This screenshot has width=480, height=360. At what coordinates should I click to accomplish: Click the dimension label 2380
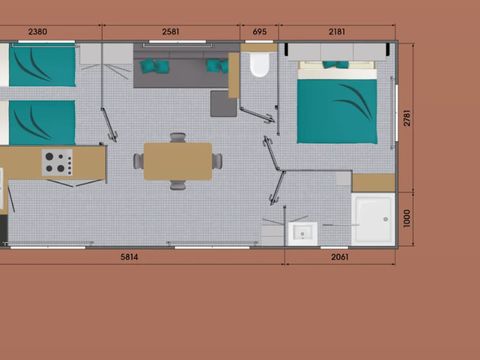tap(38, 32)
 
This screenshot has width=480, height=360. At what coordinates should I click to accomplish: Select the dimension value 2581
tap(171, 32)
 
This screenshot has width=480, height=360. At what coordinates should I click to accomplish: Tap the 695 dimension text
tap(260, 32)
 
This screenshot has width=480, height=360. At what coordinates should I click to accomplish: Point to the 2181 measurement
tap(337, 32)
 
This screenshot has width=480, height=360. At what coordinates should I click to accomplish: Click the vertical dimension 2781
tap(407, 118)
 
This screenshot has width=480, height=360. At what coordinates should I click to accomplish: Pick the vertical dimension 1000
tap(407, 218)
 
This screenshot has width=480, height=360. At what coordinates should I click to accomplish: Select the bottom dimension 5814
tap(129, 257)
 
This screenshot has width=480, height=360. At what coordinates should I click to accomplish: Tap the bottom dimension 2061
tap(340, 257)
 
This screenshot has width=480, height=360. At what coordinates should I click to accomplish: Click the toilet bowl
tap(259, 64)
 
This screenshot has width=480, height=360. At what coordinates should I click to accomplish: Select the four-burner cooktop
tap(57, 162)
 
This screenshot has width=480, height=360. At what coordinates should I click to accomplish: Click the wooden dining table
tap(178, 162)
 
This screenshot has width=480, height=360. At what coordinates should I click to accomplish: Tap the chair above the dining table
tap(178, 137)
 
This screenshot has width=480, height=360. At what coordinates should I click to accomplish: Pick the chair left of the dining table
tap(139, 161)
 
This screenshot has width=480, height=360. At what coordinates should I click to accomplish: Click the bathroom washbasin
tap(303, 234)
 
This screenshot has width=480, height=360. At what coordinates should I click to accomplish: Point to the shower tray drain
tap(386, 219)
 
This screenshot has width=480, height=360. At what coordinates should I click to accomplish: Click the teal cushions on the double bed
tap(335, 64)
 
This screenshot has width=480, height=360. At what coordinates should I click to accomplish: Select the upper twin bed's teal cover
tap(42, 65)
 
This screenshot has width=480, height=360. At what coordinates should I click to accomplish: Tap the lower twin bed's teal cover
tap(42, 123)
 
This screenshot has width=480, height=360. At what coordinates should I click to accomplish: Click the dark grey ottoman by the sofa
tap(223, 104)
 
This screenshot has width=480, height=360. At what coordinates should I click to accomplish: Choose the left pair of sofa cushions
tap(154, 66)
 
